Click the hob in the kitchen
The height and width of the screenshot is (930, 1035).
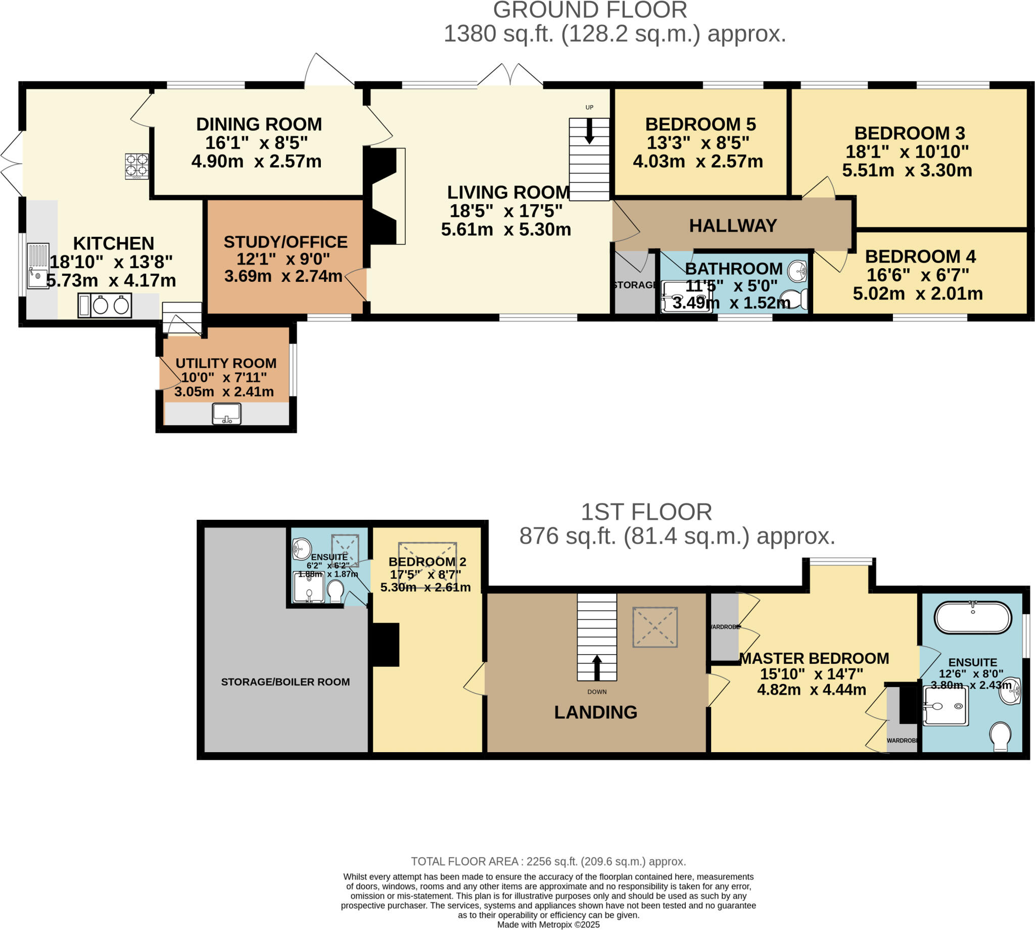pyautogui.click(x=136, y=166)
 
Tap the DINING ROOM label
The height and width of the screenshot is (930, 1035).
pyautogui.click(x=259, y=124)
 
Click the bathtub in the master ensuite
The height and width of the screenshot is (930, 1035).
pyautogui.click(x=973, y=618)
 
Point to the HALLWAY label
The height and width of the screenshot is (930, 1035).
pyautogui.click(x=732, y=225)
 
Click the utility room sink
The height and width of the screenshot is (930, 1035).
pyautogui.click(x=226, y=414)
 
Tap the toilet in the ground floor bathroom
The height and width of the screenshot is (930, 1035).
pyautogui.click(x=795, y=299)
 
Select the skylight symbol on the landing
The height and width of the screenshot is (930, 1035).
pyautogui.click(x=655, y=627)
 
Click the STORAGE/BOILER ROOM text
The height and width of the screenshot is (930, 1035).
pyautogui.click(x=285, y=681)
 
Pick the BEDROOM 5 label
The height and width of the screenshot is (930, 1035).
pyautogui.click(x=700, y=124)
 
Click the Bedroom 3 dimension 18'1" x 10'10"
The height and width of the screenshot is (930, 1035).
pyautogui.click(x=907, y=152)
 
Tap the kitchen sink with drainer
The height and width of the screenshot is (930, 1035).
pyautogui.click(x=38, y=266)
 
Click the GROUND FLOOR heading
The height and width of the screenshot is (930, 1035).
pyautogui.click(x=590, y=10)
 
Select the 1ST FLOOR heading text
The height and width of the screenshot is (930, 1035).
pyautogui.click(x=646, y=512)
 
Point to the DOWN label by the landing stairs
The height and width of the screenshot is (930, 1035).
pyautogui.click(x=596, y=692)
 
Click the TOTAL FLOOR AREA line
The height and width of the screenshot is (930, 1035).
pyautogui.click(x=548, y=861)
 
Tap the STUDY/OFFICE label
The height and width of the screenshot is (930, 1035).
pyautogui.click(x=285, y=241)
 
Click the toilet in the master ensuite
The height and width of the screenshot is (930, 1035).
pyautogui.click(x=1000, y=737)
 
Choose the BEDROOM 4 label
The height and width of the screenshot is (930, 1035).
pyautogui.click(x=920, y=256)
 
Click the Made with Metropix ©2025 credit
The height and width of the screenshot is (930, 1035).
pyautogui.click(x=548, y=924)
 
